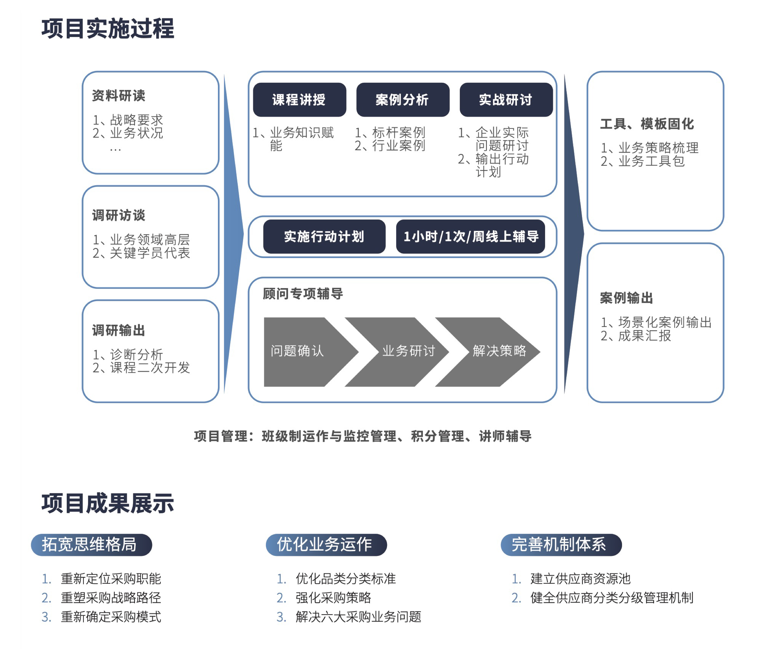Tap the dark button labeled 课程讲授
coord(299,100)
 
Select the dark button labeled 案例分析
coord(403,100)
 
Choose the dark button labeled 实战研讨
coord(506,100)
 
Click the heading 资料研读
coord(118,95)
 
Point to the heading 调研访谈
coord(118,215)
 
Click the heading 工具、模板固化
coord(647,124)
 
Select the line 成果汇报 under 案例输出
coord(644,335)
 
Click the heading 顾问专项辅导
coord(303,294)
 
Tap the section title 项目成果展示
coord(108,503)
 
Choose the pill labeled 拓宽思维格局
coord(91,545)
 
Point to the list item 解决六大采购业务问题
coord(358,617)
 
